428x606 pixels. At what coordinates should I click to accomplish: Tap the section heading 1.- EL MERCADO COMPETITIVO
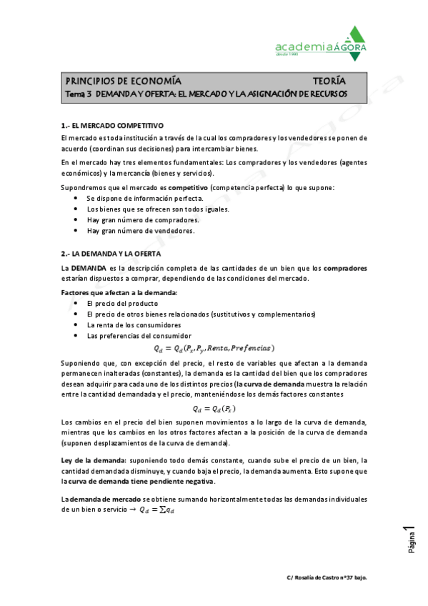click(x=113, y=124)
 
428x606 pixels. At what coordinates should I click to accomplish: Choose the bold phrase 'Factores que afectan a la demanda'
click(x=119, y=293)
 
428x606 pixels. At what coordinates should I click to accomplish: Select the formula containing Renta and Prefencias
click(x=214, y=348)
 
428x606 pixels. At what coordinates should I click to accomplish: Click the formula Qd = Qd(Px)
click(x=214, y=409)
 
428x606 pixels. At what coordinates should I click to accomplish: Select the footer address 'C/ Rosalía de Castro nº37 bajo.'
click(x=327, y=577)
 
